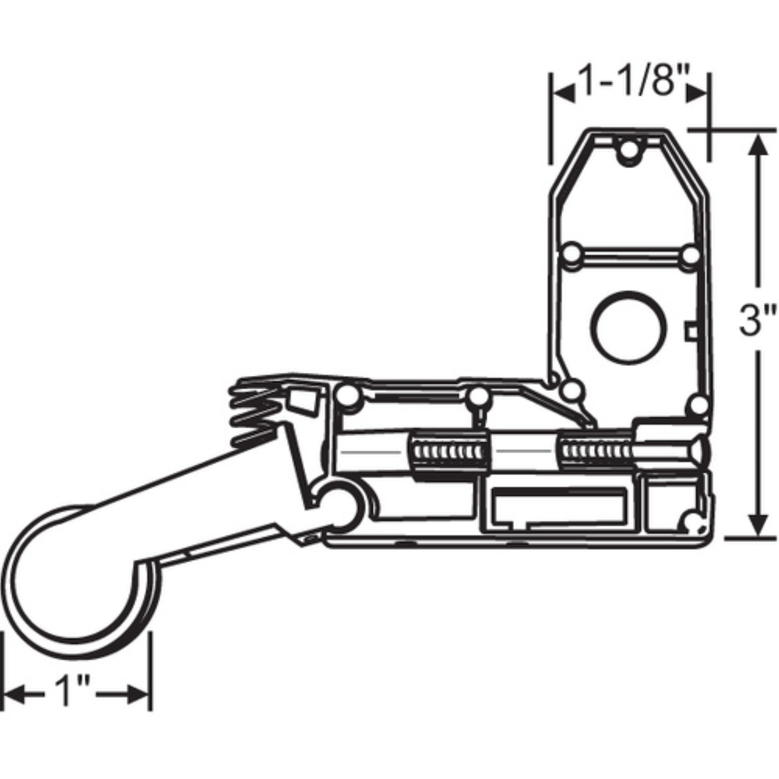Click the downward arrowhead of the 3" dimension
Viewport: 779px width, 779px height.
758,524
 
